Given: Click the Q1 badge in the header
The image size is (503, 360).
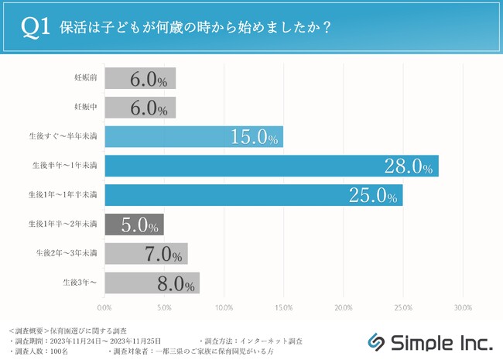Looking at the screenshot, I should (37, 26).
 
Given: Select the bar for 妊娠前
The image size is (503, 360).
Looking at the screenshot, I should (139, 78).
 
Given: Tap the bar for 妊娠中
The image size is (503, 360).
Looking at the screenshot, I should (139, 107).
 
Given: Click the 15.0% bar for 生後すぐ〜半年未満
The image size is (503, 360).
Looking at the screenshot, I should (193, 136).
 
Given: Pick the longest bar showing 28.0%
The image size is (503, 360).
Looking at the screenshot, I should (271, 166).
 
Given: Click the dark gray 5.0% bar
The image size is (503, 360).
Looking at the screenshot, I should (133, 225).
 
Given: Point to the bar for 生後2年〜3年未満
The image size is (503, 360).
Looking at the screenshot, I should (145, 253).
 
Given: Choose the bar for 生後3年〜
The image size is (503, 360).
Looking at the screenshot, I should (152, 283).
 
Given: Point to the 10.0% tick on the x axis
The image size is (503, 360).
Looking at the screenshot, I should (224, 307).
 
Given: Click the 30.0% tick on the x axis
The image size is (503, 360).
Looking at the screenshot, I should (462, 307).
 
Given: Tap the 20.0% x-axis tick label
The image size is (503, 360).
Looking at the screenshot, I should (343, 307).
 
